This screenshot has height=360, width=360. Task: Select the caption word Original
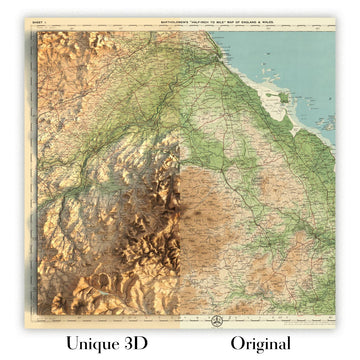259,343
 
